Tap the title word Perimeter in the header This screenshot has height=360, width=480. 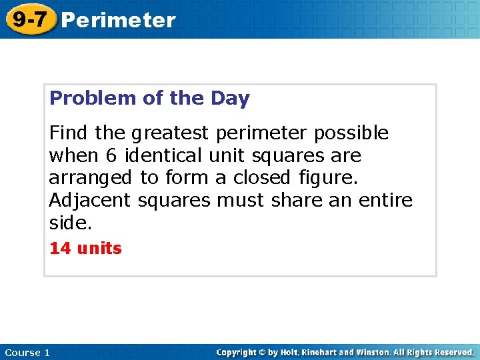[118, 21]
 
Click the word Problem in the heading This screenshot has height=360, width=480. [93, 99]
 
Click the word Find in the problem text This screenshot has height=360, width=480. [68, 133]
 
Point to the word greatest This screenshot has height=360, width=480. [170, 134]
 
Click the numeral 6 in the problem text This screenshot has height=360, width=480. [111, 156]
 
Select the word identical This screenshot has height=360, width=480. [163, 156]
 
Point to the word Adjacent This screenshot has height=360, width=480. [91, 201]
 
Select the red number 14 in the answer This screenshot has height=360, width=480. [60, 249]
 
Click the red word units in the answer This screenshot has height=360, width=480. [99, 249]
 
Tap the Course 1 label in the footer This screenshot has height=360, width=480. [27, 352]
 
